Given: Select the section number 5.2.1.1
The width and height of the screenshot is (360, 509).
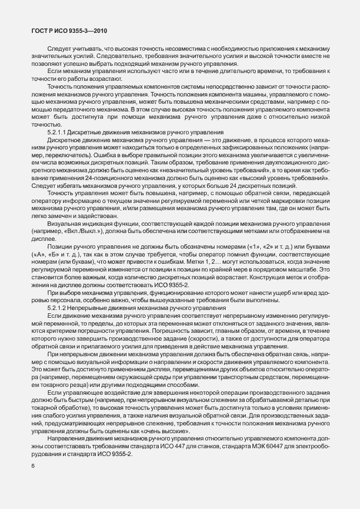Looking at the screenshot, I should (x=61, y=132).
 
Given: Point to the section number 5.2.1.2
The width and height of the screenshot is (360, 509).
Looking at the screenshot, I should (x=61, y=308).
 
